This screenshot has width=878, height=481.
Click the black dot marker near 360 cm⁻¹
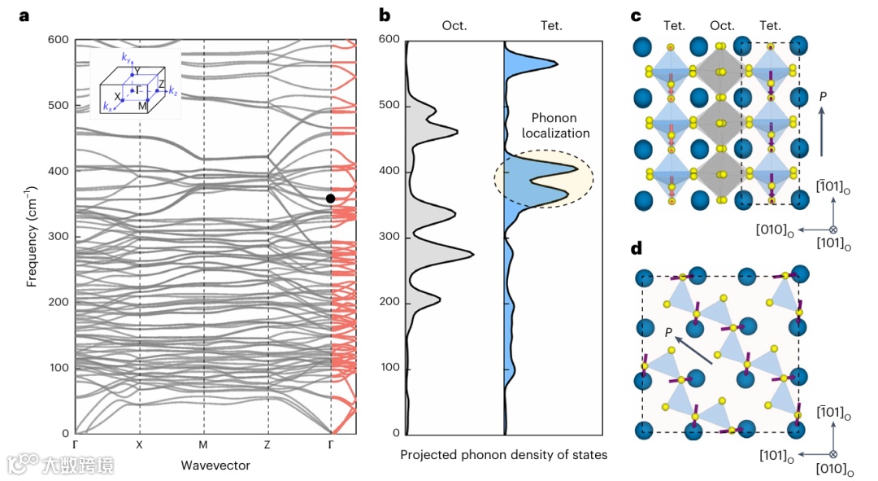[x=330, y=199]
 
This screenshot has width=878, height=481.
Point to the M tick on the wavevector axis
[x=203, y=445]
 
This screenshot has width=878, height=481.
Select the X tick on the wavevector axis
[x=140, y=445]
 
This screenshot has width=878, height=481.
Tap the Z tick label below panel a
[x=267, y=445]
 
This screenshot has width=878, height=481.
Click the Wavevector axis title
[x=215, y=466]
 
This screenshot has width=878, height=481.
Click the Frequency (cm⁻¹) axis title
[x=33, y=236]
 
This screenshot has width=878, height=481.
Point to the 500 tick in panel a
[x=58, y=105]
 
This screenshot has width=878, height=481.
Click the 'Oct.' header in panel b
[x=454, y=25]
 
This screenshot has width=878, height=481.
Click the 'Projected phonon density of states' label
[x=503, y=455]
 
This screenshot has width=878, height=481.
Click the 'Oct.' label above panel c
[x=722, y=25]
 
